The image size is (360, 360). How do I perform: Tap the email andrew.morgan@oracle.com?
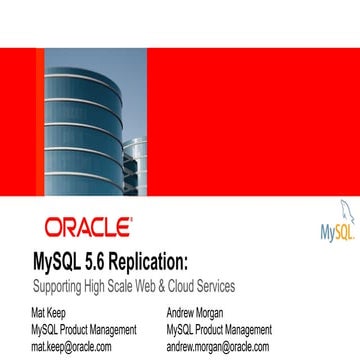218,346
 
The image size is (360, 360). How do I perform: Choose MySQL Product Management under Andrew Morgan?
219,328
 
